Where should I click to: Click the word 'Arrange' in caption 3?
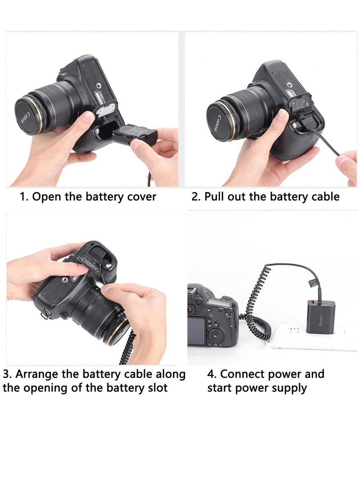click(36, 374)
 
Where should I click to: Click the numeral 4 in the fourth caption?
click(211, 374)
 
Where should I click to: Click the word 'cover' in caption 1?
click(140, 197)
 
